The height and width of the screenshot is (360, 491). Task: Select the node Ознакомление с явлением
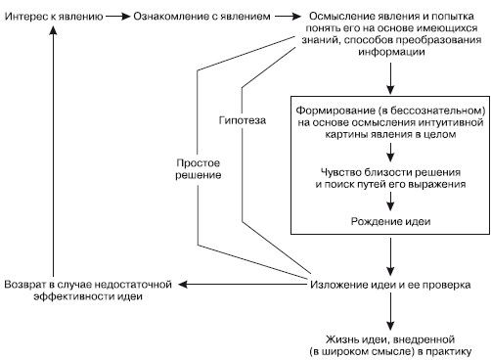point(187,19)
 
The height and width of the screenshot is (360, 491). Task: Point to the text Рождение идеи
point(391,220)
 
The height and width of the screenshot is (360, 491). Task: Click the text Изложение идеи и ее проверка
point(391,284)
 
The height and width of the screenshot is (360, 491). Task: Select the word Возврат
point(29,284)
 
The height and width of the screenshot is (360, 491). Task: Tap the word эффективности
point(55,296)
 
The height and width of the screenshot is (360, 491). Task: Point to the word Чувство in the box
point(338,172)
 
